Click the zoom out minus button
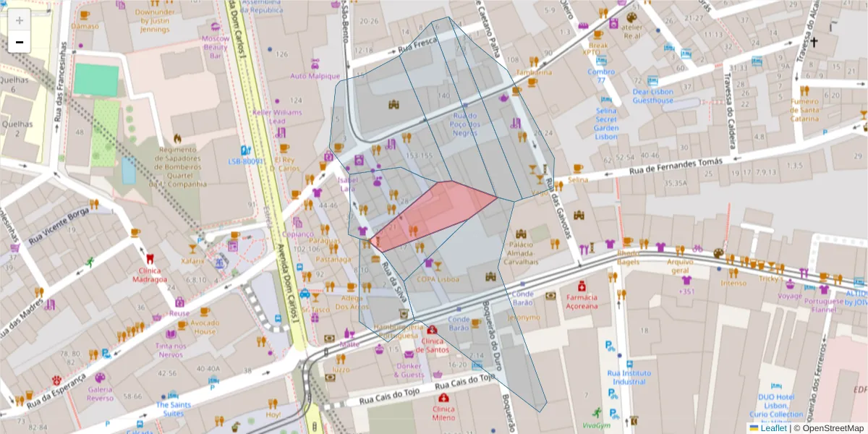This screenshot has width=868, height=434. coord(20,43)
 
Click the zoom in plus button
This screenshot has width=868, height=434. coord(20,20)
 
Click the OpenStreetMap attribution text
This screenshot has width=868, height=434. coord(829,428)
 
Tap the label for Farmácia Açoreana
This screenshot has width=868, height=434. coord(582,301)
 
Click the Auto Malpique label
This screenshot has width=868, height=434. coord(315,76)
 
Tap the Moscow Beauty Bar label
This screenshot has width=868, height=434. coord(215,46)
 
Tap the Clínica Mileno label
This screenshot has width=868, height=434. coord(443,413)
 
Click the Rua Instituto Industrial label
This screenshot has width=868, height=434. coord(628,377)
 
